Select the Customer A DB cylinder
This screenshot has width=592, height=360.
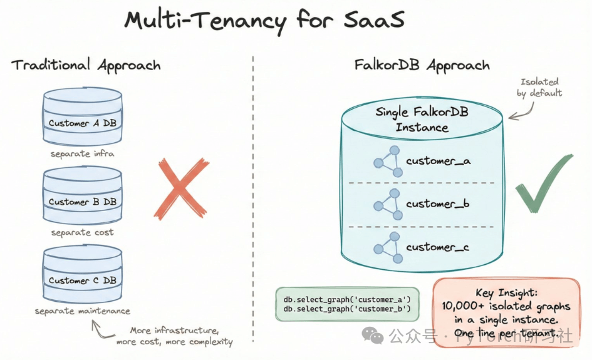[82, 117]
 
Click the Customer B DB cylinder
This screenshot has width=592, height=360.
[82, 196]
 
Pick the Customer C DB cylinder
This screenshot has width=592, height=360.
[82, 275]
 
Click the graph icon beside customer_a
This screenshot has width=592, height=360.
[388, 162]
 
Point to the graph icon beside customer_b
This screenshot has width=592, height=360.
[388, 204]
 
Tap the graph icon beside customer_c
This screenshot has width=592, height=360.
[388, 247]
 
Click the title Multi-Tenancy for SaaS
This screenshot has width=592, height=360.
[264, 20]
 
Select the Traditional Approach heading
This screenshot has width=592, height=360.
[86, 64]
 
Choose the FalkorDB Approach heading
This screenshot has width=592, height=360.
[421, 64]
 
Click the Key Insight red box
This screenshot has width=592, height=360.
[506, 307]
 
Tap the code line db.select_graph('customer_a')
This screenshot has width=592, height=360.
[347, 299]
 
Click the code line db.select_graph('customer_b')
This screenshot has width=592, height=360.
[347, 309]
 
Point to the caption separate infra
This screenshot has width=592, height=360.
[82, 153]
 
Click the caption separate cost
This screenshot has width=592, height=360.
[82, 232]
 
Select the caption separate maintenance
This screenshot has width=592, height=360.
[82, 311]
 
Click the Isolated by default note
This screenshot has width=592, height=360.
[539, 87]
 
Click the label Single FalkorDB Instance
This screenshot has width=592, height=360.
[422, 119]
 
